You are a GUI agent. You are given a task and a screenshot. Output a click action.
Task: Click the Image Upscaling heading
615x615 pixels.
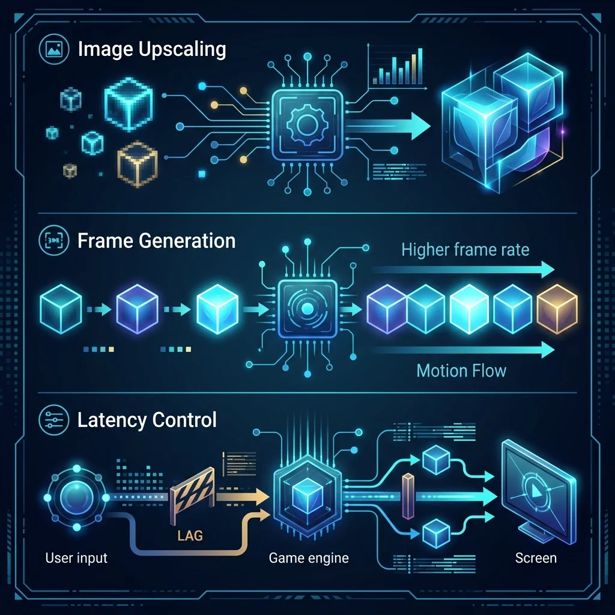click(152, 50)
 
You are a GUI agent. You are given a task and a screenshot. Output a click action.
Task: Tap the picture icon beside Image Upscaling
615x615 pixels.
click(54, 49)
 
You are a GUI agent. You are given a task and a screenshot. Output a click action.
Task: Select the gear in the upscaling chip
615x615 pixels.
click(305, 125)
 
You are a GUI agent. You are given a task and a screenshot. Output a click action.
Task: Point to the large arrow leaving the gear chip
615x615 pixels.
click(389, 126)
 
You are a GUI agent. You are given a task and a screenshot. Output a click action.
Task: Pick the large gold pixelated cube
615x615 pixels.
click(138, 163)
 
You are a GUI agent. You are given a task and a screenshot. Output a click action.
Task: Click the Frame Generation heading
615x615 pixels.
click(157, 241)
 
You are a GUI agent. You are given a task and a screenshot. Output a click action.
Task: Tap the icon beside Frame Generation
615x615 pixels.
click(54, 240)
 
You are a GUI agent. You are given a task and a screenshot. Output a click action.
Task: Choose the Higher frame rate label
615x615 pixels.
click(465, 250)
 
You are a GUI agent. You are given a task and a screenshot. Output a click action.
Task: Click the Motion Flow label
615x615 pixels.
click(461, 371)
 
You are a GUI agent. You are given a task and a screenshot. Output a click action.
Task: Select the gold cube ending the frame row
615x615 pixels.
click(557, 309)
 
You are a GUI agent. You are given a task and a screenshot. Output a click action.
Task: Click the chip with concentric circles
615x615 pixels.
click(307, 309)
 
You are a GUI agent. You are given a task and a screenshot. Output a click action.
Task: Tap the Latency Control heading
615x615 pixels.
click(147, 420)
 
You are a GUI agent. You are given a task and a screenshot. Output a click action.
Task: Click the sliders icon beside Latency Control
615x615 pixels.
click(54, 420)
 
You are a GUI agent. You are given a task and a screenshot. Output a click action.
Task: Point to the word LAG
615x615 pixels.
click(190, 535)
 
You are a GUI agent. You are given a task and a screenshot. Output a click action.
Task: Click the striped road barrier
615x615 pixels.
click(193, 495)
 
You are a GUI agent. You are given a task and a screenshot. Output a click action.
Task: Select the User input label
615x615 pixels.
click(76, 558)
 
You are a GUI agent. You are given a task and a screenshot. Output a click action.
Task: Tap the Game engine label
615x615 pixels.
click(309, 558)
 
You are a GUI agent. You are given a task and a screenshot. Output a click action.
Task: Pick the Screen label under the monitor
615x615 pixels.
click(536, 558)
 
